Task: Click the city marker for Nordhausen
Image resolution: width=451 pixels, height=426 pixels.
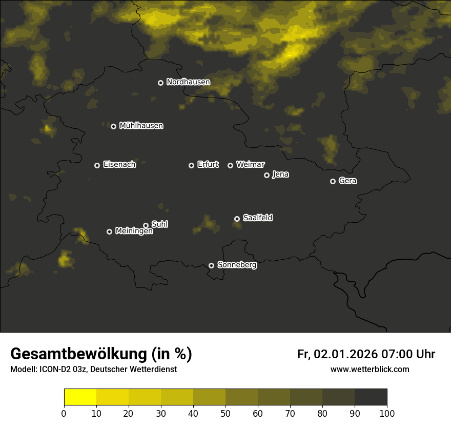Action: click(x=160, y=83)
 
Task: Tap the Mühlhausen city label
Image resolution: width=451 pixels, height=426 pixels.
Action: click(x=141, y=126)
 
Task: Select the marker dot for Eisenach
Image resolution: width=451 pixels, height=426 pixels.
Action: click(x=97, y=165)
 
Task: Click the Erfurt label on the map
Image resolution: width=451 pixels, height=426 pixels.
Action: click(x=208, y=165)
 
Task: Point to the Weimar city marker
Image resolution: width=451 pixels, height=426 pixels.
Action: click(x=230, y=165)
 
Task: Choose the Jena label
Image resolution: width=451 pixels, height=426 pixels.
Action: click(x=280, y=175)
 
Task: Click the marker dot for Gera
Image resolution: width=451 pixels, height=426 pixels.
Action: click(x=333, y=181)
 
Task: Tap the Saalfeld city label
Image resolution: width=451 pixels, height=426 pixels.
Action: click(x=257, y=218)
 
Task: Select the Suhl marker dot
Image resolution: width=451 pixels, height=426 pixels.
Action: click(x=146, y=225)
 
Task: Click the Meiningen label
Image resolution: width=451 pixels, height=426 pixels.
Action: click(x=134, y=231)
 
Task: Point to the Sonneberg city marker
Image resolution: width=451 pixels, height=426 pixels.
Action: click(x=211, y=265)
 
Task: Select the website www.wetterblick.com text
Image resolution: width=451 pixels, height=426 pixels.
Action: click(x=370, y=369)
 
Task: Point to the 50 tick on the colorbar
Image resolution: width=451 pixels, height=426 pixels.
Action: click(x=225, y=413)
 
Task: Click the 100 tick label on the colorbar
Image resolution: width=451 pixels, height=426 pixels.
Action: click(x=386, y=414)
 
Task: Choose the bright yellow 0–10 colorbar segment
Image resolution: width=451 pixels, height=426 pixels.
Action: click(x=80, y=397)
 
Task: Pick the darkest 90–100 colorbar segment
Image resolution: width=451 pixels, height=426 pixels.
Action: click(x=371, y=397)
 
